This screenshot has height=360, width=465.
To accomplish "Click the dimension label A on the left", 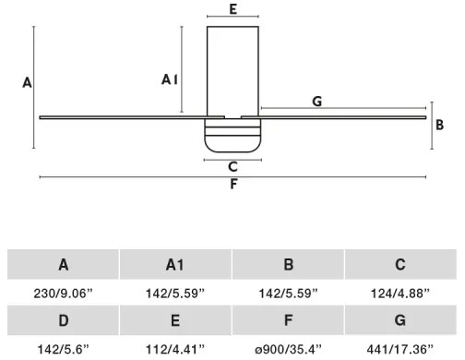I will [x=27, y=83].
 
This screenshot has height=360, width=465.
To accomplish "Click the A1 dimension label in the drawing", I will [x=170, y=80].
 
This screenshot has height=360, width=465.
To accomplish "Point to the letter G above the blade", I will [x=316, y=102].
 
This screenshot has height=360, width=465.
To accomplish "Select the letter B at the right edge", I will [x=440, y=124].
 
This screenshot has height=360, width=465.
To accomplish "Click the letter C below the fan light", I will [x=232, y=167].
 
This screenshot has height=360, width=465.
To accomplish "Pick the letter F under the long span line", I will [x=233, y=184].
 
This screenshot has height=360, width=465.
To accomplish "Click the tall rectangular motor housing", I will [x=232, y=70].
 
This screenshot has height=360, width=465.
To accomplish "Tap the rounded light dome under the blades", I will [x=232, y=134].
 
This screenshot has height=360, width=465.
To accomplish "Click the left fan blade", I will [x=120, y=116].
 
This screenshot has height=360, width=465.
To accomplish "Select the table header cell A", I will [x=64, y=265].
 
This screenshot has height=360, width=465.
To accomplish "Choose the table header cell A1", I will [x=175, y=265].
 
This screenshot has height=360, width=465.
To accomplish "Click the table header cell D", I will [x=64, y=320].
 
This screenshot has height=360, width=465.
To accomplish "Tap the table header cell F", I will [x=288, y=320].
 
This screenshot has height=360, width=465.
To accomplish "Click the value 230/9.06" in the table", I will [x=64, y=293].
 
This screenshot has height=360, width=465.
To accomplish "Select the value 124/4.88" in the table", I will [x=400, y=293].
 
